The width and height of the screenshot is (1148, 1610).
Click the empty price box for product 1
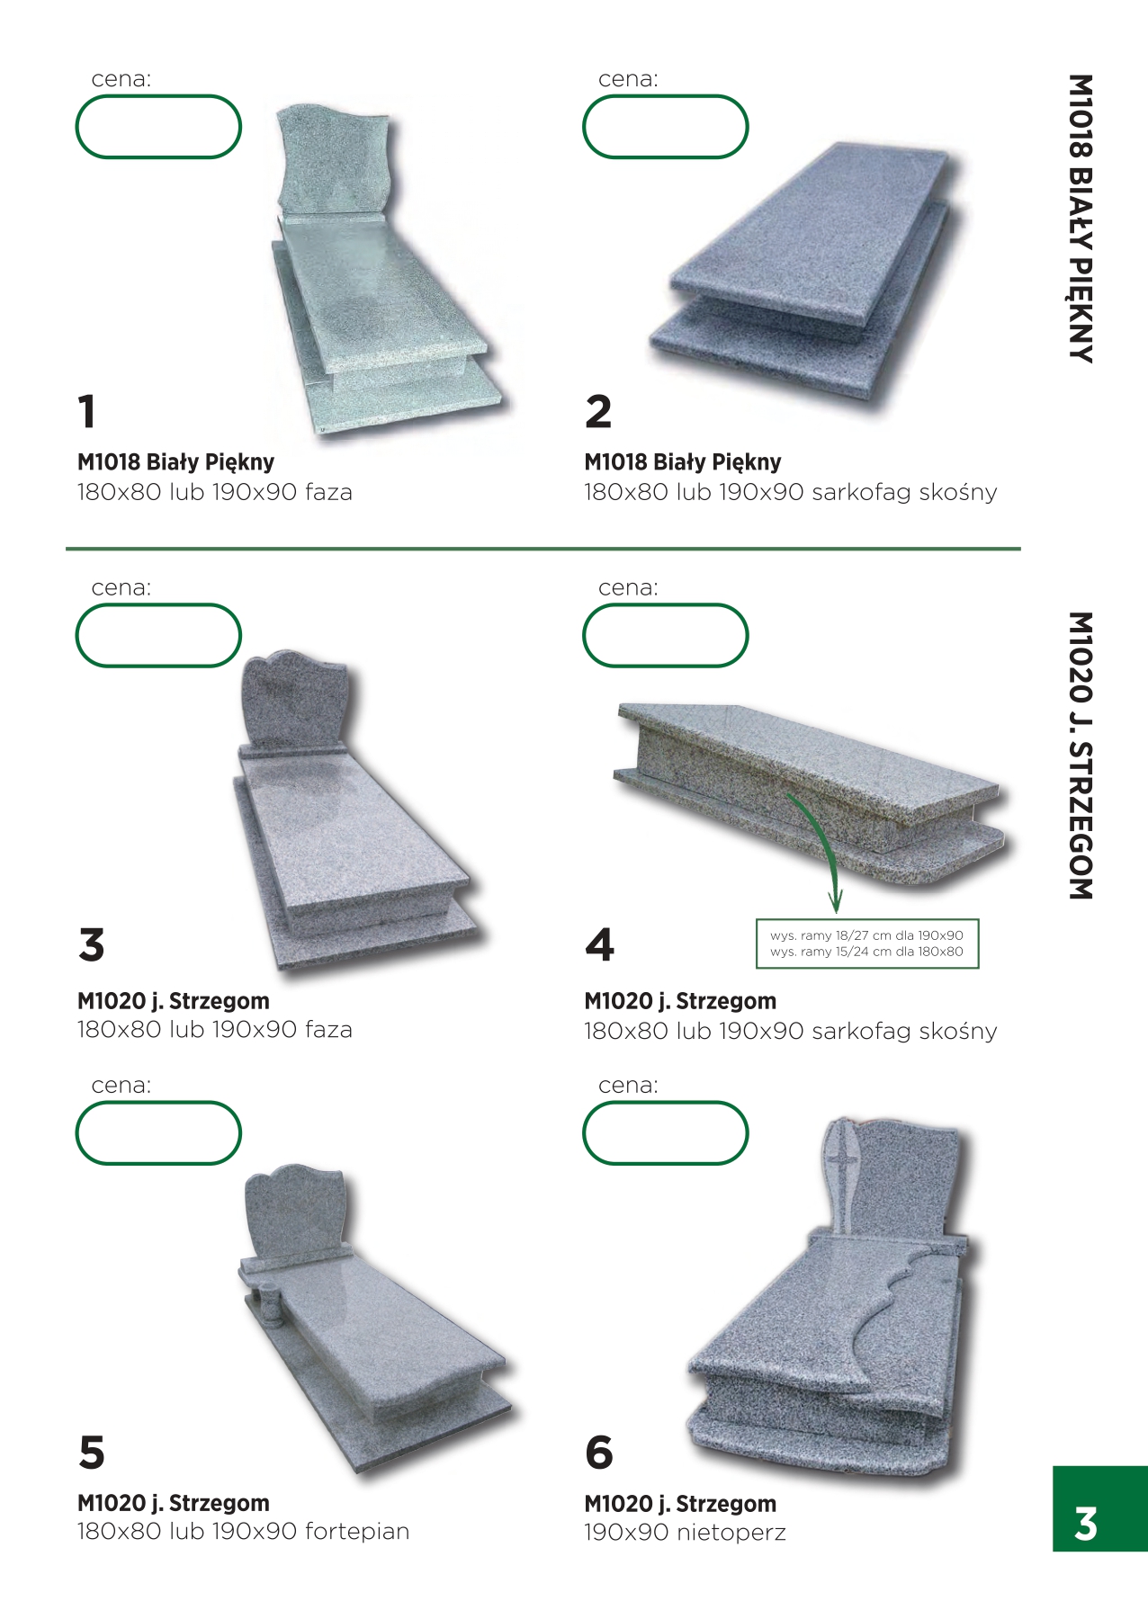(158, 127)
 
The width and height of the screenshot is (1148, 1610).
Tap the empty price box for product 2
(666, 127)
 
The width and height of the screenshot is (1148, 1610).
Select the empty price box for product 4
(666, 635)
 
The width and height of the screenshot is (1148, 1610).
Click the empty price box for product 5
(158, 1132)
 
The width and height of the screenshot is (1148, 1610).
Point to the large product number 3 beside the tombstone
(92, 945)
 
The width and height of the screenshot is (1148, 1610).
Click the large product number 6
(599, 1453)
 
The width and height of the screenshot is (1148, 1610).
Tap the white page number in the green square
(1086, 1524)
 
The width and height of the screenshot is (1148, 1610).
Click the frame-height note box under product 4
(867, 944)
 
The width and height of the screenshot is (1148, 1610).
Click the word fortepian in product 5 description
(357, 1532)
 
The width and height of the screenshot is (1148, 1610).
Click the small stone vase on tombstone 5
(269, 1303)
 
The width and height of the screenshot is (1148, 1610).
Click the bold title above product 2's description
(683, 462)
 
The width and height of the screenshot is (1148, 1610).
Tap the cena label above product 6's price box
(628, 1086)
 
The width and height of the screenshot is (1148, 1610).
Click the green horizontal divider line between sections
(543, 548)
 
